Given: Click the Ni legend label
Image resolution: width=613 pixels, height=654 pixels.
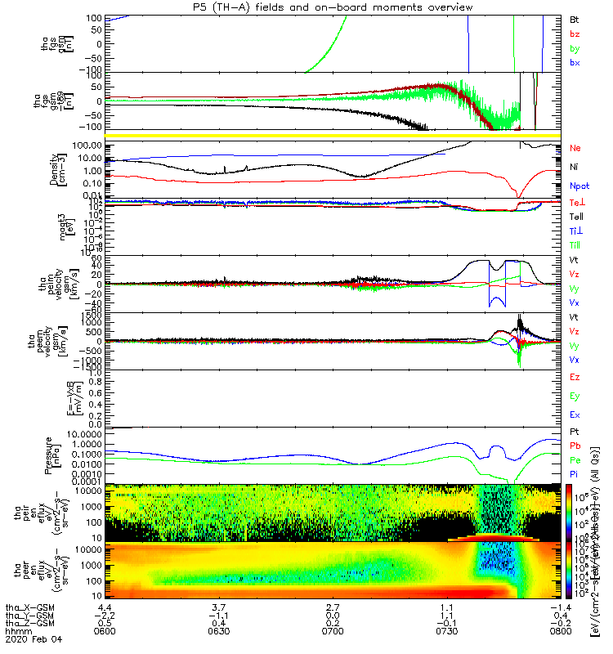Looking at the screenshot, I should click(575, 167).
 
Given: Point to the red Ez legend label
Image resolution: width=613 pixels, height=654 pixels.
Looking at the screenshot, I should click(575, 378).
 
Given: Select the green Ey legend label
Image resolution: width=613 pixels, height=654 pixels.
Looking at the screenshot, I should click(575, 396).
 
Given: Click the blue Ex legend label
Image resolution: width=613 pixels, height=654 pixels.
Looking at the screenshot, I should click(575, 415).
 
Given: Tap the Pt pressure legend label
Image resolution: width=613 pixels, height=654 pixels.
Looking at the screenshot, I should click(575, 431).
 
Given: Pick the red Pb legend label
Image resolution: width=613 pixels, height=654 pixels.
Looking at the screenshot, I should click(575, 445).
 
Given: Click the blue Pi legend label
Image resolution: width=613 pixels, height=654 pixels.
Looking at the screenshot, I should click(575, 473).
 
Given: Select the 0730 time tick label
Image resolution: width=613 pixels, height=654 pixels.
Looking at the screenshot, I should click(446, 633).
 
